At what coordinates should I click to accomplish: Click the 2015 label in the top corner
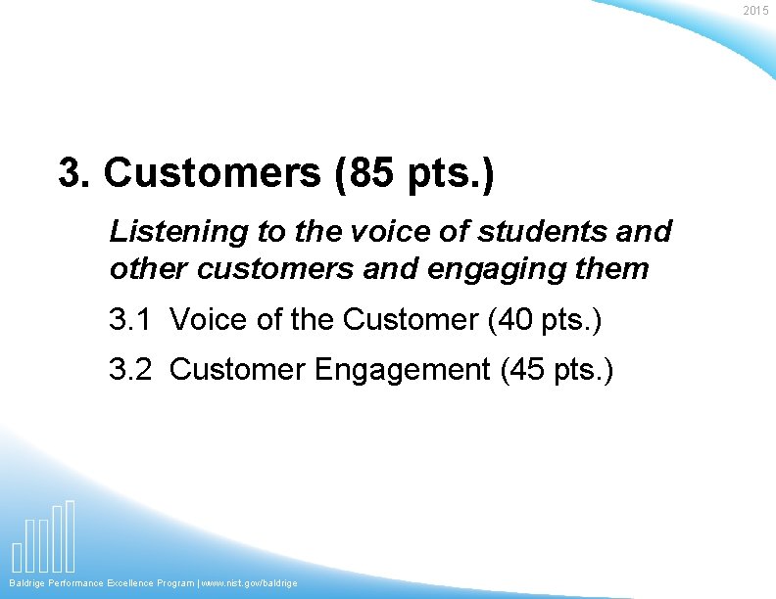coord(755,11)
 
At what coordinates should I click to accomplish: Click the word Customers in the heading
coord(212,173)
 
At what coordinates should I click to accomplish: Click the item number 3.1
coord(131,319)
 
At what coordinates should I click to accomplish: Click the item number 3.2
coord(131,370)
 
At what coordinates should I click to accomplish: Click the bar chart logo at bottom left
coord(44,537)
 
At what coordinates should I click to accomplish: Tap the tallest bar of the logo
coord(70,535)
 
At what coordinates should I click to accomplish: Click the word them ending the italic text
coord(614,268)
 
